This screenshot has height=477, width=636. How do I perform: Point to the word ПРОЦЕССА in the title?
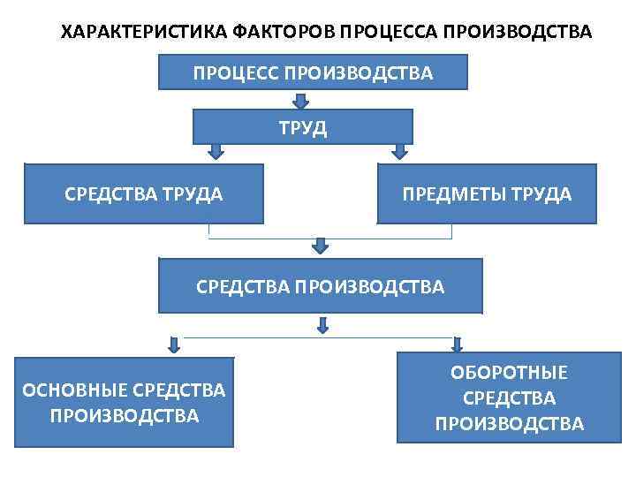click(390, 34)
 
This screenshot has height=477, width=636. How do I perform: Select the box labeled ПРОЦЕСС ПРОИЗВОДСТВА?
click(313, 72)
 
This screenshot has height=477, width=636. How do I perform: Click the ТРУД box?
click(303, 126)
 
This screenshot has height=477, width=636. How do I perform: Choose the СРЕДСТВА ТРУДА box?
click(143, 193)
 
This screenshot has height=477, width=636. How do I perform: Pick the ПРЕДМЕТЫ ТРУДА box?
click(487, 193)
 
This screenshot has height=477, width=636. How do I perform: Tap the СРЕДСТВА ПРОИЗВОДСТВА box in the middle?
click(320, 285)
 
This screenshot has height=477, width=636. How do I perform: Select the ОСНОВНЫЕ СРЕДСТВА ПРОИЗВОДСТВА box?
click(124, 401)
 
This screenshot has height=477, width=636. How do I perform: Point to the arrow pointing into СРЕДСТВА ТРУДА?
click(215, 152)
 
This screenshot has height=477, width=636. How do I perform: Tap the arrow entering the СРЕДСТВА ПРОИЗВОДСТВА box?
click(321, 245)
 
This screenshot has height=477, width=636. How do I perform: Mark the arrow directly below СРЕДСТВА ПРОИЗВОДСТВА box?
click(322, 326)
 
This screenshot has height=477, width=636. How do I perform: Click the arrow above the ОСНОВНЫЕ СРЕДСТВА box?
click(175, 344)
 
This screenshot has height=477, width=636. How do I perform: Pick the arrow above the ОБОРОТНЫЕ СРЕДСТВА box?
click(457, 343)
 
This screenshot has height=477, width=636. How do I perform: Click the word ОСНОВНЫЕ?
click(74, 390)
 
